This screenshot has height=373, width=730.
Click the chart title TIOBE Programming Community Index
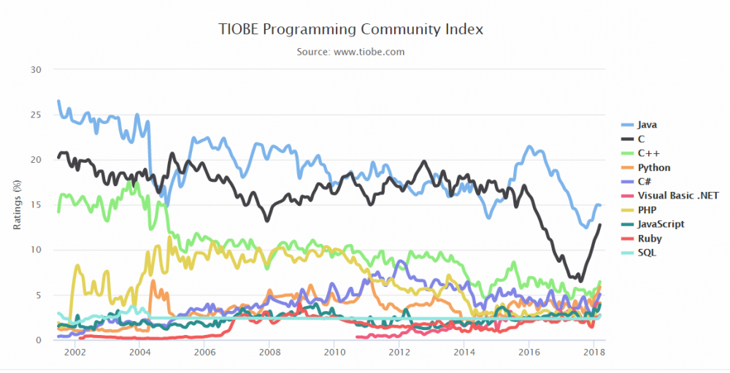350,30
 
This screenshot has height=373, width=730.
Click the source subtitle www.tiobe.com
350,52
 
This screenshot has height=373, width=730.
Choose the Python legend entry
653,168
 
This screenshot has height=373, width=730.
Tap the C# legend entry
645,182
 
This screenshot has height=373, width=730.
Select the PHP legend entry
648,209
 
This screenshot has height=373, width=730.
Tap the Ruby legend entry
649,238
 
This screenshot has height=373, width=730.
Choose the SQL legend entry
647,252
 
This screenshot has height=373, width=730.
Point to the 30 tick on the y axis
36,70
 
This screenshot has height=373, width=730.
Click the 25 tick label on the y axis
36,115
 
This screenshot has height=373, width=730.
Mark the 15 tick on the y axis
36,205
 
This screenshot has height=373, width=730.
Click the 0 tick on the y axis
39,340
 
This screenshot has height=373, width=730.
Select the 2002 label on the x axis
75,353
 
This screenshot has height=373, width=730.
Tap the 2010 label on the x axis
334,353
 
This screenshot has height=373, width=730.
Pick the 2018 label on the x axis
593,353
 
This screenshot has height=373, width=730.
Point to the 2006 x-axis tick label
204,353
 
